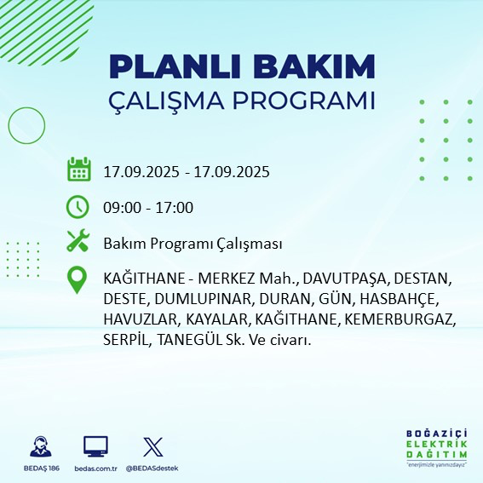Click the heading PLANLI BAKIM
[242, 66]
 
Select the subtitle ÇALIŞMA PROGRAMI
[242, 100]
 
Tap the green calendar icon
[78, 170]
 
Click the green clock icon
[78, 206]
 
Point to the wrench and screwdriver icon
[78, 242]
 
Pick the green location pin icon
[78, 280]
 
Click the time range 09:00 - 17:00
[148, 207]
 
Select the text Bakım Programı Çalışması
[193, 244]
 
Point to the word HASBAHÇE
[398, 299]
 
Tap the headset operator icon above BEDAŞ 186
[39, 446]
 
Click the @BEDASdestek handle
[152, 469]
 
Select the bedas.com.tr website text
[95, 469]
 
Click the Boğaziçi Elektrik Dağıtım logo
[436, 448]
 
